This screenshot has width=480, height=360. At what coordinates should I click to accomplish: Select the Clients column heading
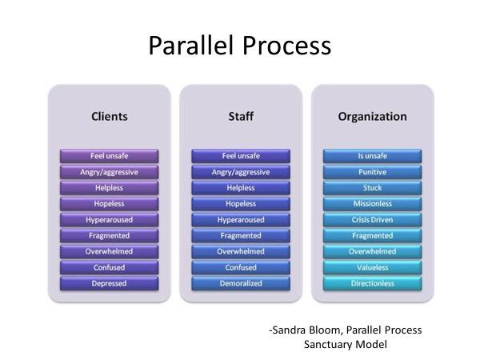click(109, 117)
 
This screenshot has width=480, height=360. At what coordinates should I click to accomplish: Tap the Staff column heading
click(240, 117)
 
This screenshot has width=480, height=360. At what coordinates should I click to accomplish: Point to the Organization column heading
click(372, 117)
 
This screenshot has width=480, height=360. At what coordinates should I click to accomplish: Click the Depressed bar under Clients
click(109, 284)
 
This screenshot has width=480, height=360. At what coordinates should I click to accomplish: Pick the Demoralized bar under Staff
click(240, 284)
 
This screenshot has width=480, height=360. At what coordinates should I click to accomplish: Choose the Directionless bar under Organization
click(372, 284)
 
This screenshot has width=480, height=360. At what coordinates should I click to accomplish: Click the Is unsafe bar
click(372, 155)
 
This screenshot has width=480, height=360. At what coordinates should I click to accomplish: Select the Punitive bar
click(372, 171)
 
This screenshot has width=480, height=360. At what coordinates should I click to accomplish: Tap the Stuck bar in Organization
click(372, 187)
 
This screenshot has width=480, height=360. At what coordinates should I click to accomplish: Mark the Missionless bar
click(372, 203)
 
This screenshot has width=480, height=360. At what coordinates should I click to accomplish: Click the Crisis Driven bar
click(372, 219)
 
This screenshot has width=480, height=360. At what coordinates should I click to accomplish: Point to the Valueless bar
click(372, 268)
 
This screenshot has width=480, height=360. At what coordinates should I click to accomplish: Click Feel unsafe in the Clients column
click(109, 155)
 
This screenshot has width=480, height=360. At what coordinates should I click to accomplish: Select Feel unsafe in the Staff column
click(240, 155)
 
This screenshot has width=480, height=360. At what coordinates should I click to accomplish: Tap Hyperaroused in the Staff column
click(240, 219)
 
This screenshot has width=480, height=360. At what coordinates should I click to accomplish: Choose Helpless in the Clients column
click(109, 187)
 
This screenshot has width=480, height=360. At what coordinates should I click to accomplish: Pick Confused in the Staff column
click(240, 268)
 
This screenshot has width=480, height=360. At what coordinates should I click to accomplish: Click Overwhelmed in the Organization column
click(372, 252)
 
